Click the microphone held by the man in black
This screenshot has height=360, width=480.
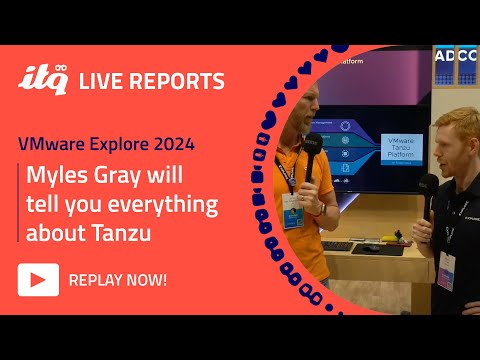(429, 190)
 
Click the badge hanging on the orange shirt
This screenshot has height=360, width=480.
(292, 211)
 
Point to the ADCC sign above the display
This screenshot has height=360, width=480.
(456, 56)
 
